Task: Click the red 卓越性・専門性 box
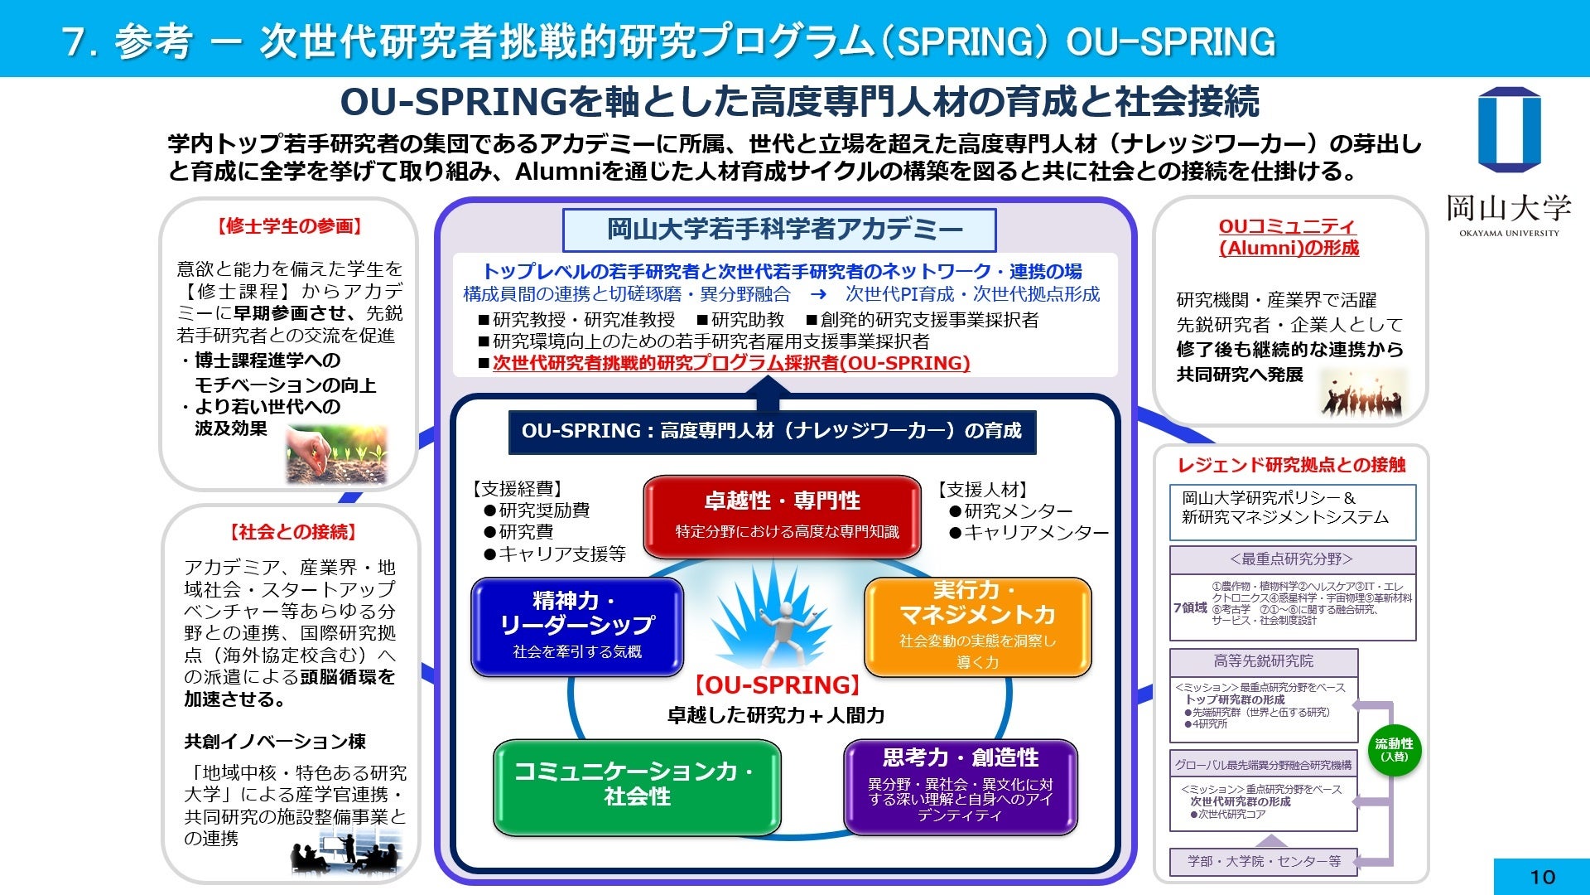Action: [782, 515]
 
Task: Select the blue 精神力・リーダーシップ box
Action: [577, 626]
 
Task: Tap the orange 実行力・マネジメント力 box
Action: [977, 626]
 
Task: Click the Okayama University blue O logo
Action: [1509, 130]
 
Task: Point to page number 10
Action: [1542, 877]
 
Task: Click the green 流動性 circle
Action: [1394, 749]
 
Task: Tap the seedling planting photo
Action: [336, 453]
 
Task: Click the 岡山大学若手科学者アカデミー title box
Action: [779, 230]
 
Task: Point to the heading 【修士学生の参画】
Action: [290, 226]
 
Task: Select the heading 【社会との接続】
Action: [293, 532]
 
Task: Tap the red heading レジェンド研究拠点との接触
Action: [1291, 465]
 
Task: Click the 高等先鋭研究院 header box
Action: [1263, 661]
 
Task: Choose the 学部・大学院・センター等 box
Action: [1263, 861]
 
